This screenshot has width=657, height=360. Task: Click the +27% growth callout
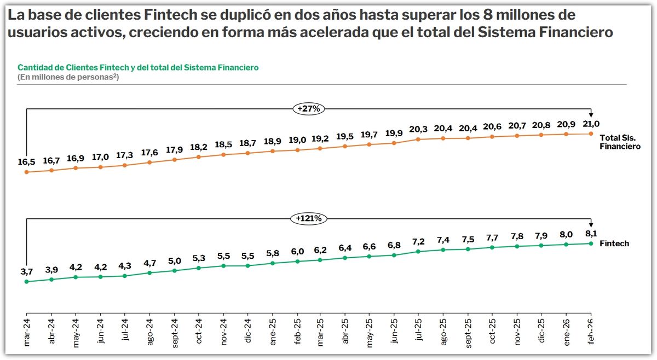pos(309,109)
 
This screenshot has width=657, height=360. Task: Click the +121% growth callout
pos(309,218)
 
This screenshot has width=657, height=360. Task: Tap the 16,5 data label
pos(26,162)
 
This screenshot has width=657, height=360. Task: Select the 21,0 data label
pos(591,124)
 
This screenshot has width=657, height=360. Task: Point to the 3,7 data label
pos(26,272)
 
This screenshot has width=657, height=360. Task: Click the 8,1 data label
pos(591,234)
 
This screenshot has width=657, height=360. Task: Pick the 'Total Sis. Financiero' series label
pos(620,142)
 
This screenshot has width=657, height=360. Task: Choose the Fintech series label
pos(614,243)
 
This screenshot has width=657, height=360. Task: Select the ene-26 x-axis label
pos(566,333)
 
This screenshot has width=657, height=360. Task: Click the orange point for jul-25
pos(418,140)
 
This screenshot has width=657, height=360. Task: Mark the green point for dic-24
pos(248,265)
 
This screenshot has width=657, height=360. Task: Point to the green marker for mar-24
pos(27,281)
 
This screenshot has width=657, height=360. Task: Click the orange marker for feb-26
pos(591,133)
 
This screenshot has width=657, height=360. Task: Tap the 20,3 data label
pos(418,129)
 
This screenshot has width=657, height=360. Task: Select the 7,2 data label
pos(418,242)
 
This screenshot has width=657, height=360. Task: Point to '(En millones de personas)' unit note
pos(68,77)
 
